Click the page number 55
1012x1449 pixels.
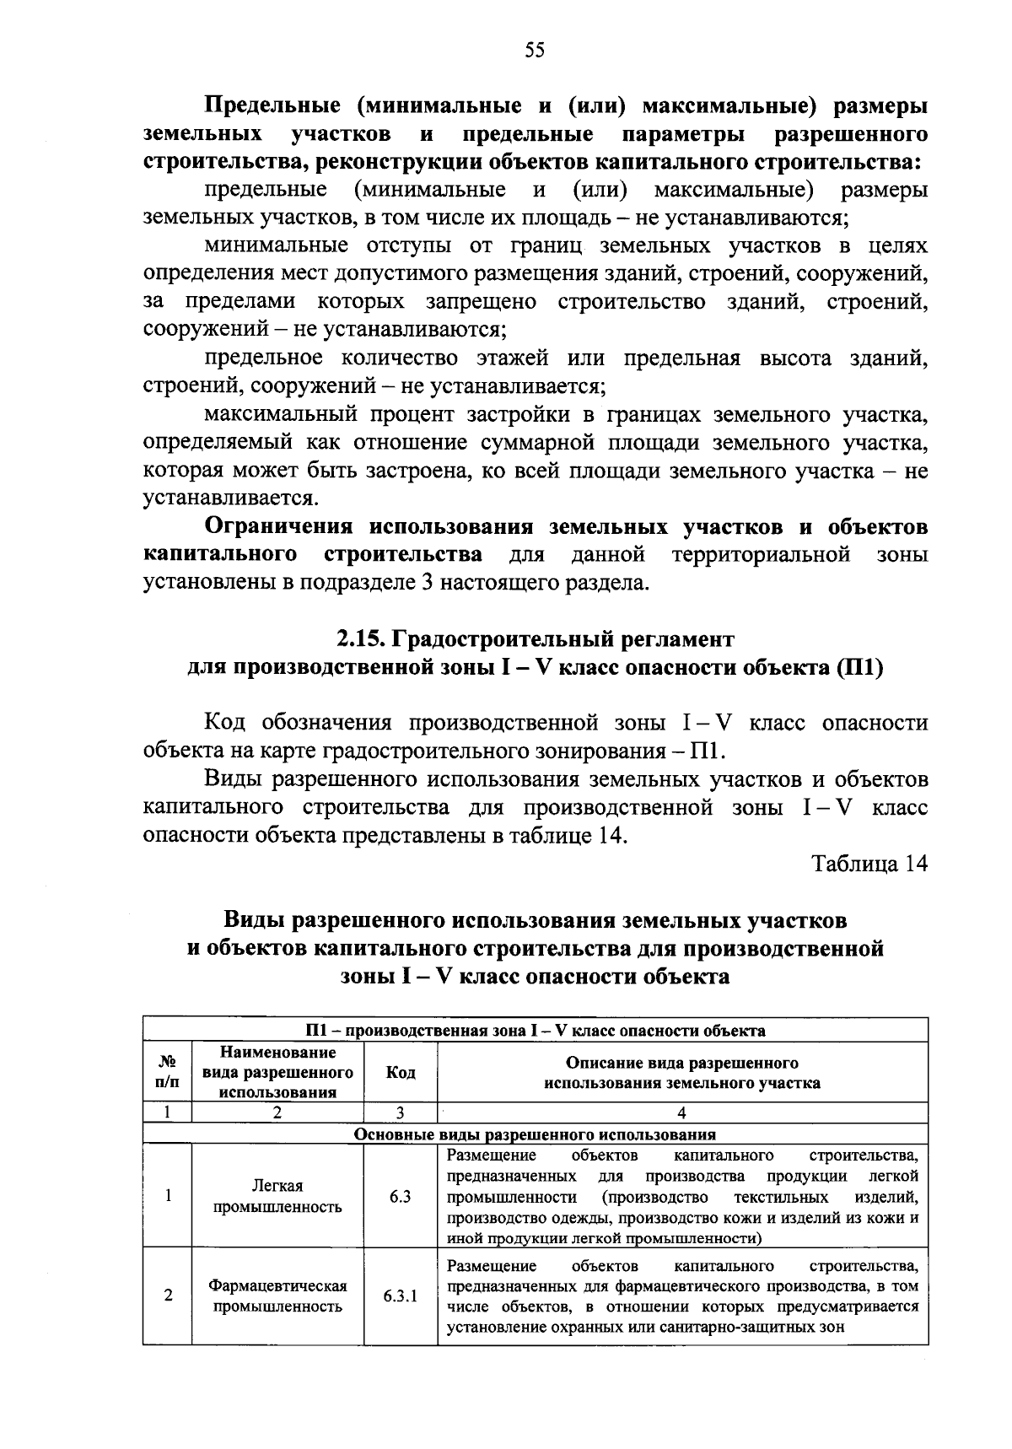point(535,51)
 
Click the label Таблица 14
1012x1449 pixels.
point(869,864)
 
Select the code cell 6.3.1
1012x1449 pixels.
point(400,1295)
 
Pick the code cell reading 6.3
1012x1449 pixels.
point(400,1196)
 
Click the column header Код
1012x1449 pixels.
point(400,1072)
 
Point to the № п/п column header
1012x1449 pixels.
point(168,1072)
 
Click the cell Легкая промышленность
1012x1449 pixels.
point(277,1196)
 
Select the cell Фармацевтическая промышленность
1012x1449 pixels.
point(277,1295)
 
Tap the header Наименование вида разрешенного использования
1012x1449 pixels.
point(277,1072)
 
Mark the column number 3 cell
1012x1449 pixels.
point(400,1112)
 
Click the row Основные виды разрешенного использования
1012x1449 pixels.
point(535,1134)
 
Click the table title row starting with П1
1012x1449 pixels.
point(535,1030)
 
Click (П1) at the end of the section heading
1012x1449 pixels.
point(859,666)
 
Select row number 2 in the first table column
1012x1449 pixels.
point(168,1295)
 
